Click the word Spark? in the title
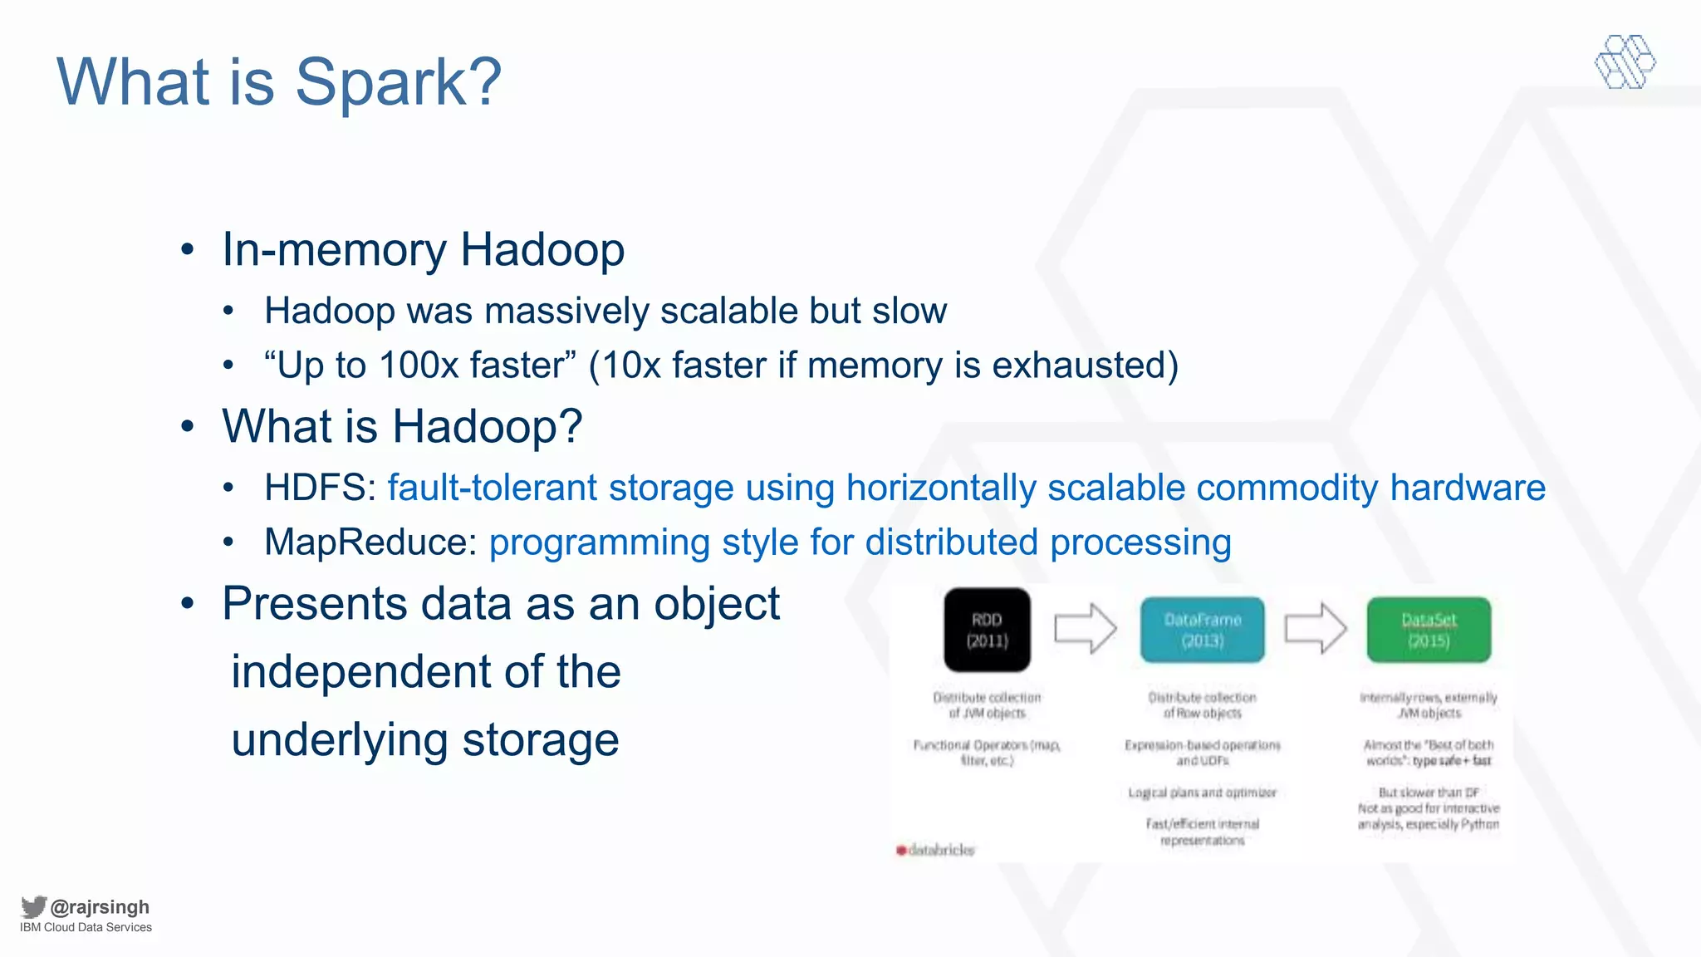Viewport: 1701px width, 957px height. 398,82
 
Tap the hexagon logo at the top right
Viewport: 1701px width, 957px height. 1625,62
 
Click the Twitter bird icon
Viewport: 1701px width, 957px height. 33,906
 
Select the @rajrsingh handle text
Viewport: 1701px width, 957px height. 100,907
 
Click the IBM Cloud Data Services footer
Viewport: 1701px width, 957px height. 86,928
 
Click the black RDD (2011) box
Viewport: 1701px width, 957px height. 987,630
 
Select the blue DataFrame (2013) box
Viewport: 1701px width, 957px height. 1202,630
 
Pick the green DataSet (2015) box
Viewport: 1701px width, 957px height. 1429,630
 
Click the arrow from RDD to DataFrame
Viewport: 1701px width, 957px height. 1085,629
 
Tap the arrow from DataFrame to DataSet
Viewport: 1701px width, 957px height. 1315,629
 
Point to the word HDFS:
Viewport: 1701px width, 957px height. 321,488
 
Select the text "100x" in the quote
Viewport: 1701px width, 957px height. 419,366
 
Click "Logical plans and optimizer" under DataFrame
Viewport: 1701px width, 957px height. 1202,793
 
